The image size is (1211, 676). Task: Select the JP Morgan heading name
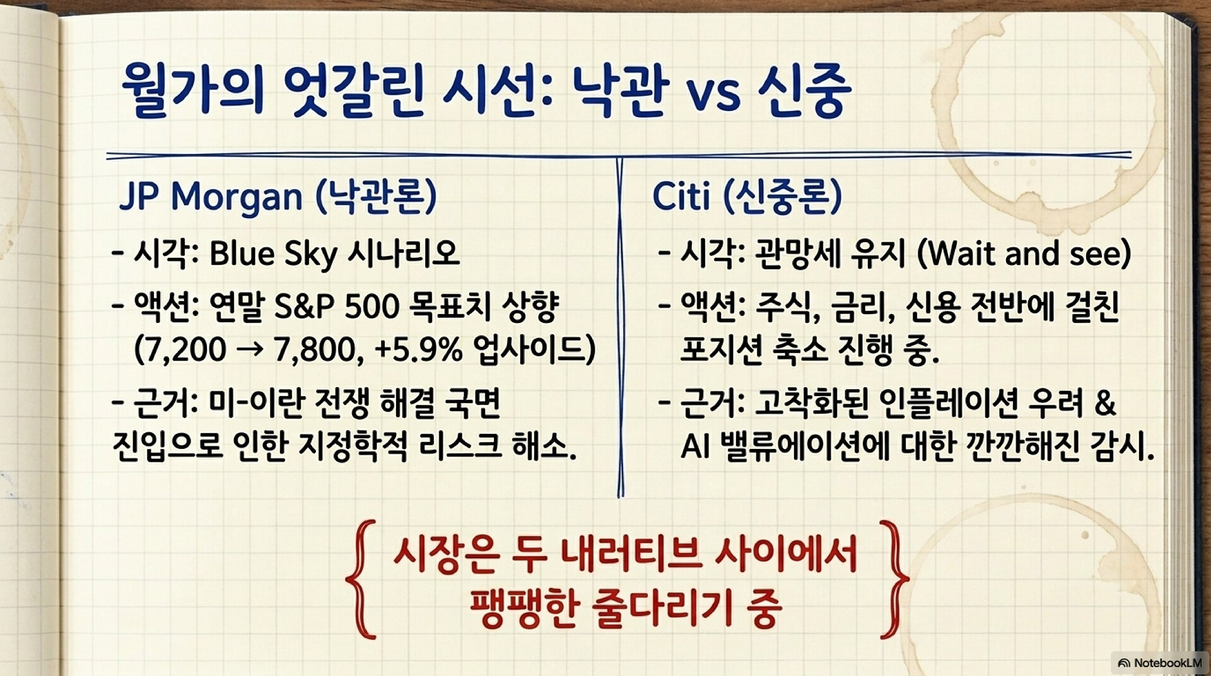click(x=211, y=197)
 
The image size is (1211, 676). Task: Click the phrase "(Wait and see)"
click(x=1023, y=253)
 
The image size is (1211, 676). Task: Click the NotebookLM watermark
click(x=1159, y=663)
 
